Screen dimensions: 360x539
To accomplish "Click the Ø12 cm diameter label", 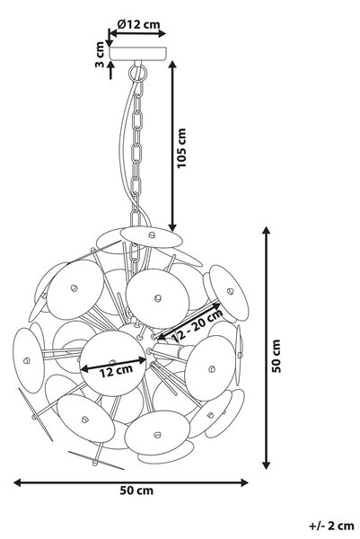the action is point(138,24).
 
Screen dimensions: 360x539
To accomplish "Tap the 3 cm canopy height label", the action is point(100,54).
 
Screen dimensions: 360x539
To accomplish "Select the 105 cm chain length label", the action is point(181,148).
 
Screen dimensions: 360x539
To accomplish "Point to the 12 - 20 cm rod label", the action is point(198,325).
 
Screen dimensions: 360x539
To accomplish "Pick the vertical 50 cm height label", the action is point(277,356).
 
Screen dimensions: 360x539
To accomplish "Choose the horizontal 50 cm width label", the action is point(136,490).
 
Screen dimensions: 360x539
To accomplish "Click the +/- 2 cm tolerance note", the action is point(331,526).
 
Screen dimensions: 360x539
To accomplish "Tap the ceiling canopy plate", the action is point(137,53).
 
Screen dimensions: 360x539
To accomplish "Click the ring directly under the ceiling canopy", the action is point(137,73).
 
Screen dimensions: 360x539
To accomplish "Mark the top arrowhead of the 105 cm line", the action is point(172,65).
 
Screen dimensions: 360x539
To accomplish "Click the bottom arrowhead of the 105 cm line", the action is point(172,227).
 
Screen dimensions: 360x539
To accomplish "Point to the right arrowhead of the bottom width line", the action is point(244,482).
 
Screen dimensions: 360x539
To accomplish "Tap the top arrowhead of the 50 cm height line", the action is point(266,230).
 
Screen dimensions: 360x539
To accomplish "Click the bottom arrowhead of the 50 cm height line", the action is point(266,464).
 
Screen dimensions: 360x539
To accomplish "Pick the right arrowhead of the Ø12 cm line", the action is point(162,33).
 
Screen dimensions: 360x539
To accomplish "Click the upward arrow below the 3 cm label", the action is point(110,70).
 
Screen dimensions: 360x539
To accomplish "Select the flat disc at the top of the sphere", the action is point(151,237).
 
